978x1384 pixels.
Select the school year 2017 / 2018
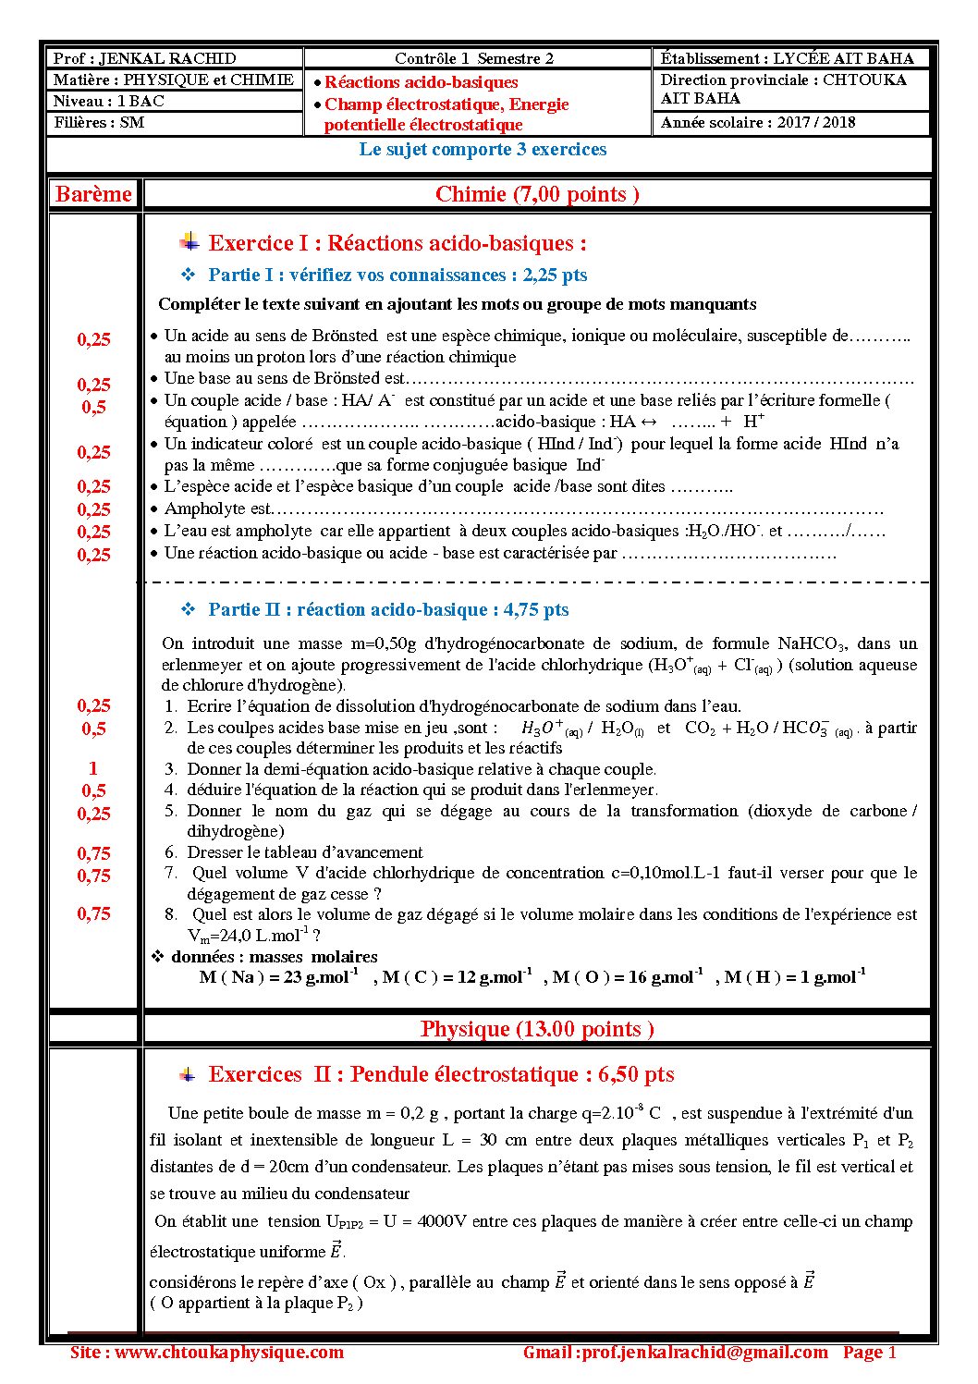(816, 122)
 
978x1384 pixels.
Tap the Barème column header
(93, 194)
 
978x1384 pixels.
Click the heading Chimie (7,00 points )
(537, 194)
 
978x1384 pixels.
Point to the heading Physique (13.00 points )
(537, 1029)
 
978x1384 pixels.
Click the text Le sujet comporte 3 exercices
(483, 150)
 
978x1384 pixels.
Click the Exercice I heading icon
(189, 243)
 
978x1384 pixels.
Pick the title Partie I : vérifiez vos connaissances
(359, 275)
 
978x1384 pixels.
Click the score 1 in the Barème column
(93, 768)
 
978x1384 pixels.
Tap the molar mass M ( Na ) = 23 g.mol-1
(279, 977)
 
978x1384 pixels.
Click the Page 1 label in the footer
(869, 1353)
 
